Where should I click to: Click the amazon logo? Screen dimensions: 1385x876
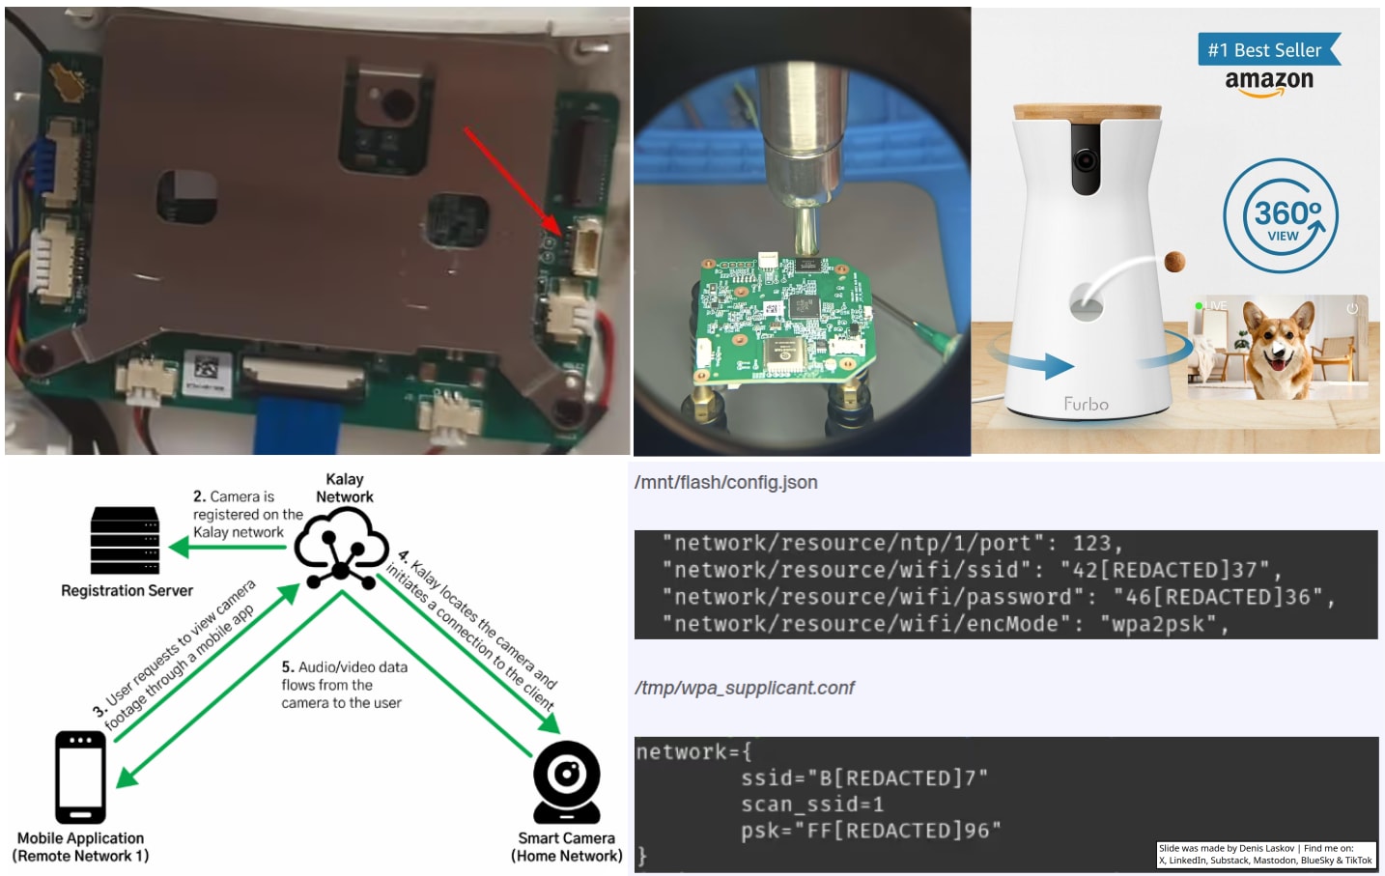pos(1268,81)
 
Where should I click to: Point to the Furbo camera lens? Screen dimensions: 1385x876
pos(1086,160)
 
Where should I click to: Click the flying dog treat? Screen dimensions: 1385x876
pos(1174,261)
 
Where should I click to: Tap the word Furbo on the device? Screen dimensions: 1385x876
pos(1086,404)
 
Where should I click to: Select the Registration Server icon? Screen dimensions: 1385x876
pos(125,540)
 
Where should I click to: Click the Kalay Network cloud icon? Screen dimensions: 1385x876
pos(341,547)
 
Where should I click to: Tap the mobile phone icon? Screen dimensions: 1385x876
pos(80,777)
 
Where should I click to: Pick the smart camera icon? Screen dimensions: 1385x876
pos(567,780)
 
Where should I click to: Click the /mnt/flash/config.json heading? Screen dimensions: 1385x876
pos(725,483)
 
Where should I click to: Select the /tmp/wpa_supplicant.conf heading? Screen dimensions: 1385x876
pos(744,688)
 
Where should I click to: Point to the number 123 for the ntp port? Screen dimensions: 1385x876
pos(1091,543)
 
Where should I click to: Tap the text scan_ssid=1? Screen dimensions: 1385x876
pos(812,804)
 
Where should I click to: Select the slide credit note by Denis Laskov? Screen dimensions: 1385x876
pos(1265,854)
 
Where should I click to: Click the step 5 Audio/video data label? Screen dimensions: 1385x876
pos(344,685)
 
